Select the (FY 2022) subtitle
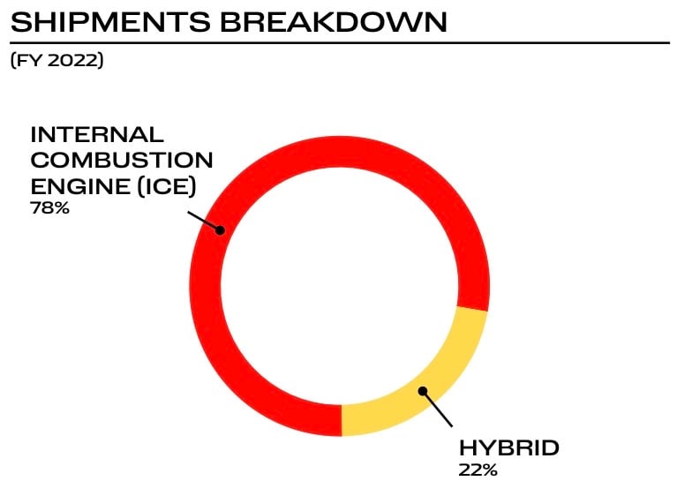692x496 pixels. (56, 63)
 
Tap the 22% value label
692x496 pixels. (478, 469)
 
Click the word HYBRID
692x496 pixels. (508, 447)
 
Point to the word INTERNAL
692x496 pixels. (97, 135)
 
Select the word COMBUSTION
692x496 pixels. (122, 161)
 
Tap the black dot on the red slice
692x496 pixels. (221, 230)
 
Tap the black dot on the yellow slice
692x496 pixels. (423, 390)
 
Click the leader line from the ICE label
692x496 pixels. (205, 221)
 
